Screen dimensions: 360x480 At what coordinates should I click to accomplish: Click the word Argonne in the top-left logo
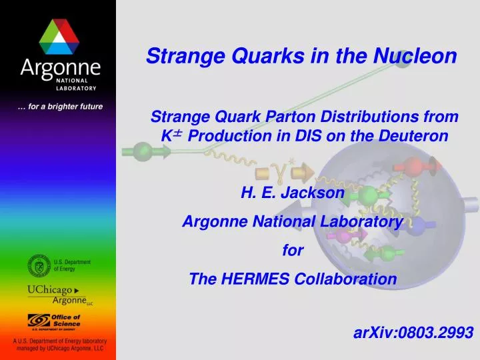click(59, 68)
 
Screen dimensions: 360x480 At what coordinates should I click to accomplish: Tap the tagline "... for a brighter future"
click(59, 106)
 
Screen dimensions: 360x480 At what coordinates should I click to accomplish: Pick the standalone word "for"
click(293, 251)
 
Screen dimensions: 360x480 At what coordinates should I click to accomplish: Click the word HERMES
click(249, 279)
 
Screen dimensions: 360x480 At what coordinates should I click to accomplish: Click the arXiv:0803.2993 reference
click(413, 332)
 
